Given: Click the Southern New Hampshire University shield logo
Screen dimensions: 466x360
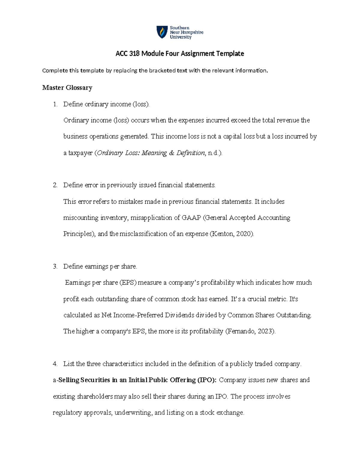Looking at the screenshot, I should tap(162, 32).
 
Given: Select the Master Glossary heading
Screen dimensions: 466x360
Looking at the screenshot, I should tap(67, 88).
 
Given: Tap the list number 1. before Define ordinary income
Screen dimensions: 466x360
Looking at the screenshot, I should tap(55, 104).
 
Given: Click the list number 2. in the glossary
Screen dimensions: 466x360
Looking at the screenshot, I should tap(55, 185).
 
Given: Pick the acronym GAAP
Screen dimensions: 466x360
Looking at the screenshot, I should tap(191, 218).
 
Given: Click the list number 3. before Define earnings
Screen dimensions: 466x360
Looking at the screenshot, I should tap(55, 266).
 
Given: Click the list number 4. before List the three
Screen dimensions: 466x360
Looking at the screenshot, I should tap(55, 364).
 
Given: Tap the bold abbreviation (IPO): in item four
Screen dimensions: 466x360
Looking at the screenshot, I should tap(206, 380).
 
